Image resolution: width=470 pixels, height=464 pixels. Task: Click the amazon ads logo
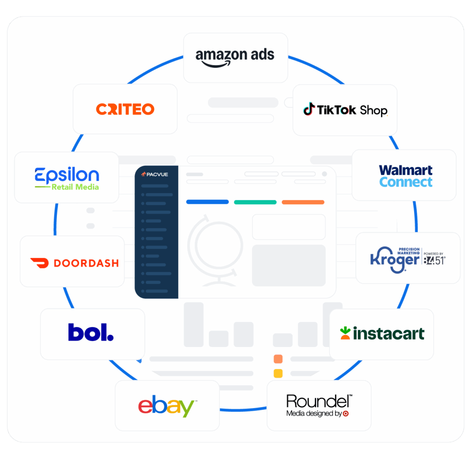(x=235, y=57)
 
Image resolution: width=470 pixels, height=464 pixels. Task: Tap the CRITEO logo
(x=125, y=109)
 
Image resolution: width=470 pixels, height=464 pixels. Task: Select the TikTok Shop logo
(x=345, y=110)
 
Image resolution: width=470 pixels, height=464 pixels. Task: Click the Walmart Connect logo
(x=406, y=176)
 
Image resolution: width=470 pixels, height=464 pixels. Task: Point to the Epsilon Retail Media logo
(x=67, y=179)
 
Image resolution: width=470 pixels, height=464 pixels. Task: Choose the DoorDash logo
(x=74, y=263)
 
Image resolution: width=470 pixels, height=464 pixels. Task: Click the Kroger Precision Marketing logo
(x=408, y=258)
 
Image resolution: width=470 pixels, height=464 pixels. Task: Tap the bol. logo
(x=91, y=332)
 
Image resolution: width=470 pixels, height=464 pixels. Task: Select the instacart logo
(x=382, y=333)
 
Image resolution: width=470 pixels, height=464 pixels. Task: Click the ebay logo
(x=167, y=407)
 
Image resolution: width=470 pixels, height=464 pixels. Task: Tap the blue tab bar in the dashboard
(x=207, y=202)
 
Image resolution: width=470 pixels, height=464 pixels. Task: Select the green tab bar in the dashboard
(x=255, y=202)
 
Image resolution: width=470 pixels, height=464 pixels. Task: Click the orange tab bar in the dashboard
(x=303, y=202)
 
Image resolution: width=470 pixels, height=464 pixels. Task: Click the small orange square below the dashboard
(x=278, y=359)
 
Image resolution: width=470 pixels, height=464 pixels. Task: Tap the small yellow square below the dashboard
(x=278, y=373)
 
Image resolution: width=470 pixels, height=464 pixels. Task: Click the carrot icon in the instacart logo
(x=345, y=333)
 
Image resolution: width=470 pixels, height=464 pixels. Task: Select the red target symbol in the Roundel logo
(x=346, y=414)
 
